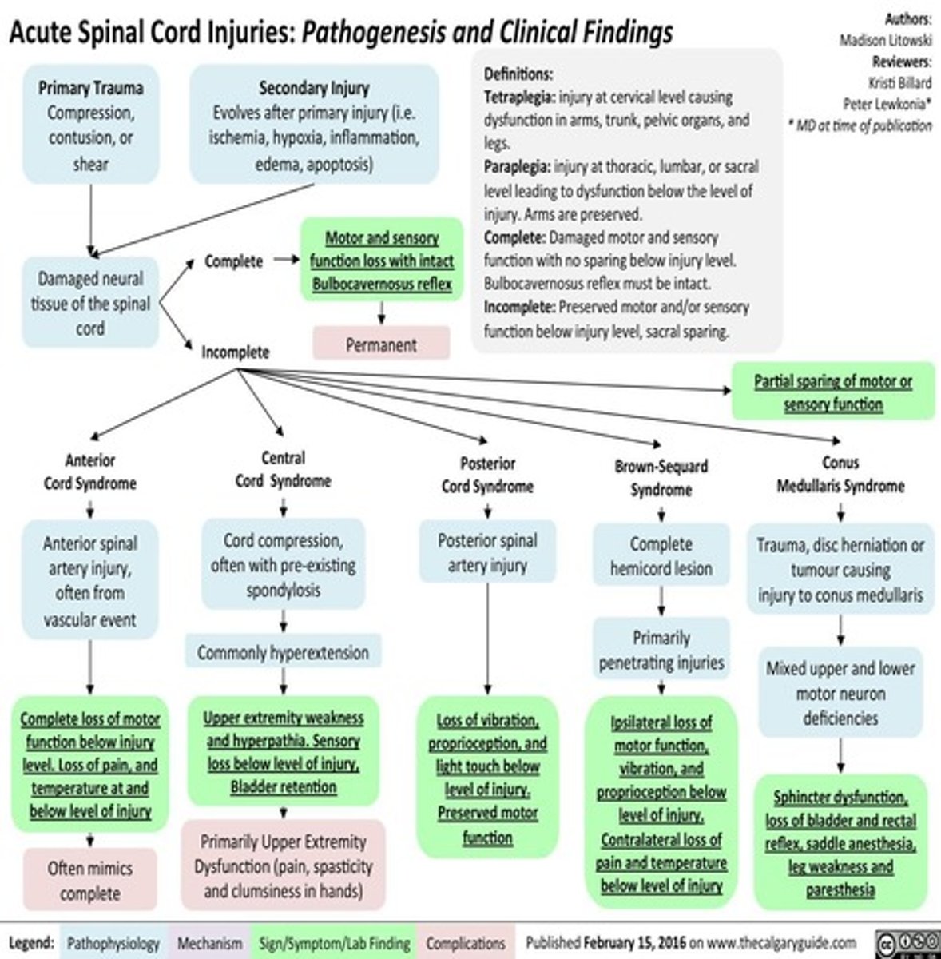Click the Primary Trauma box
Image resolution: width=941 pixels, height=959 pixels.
(90, 125)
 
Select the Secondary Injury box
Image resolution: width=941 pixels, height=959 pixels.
(314, 125)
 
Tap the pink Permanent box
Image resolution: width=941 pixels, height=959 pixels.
(381, 344)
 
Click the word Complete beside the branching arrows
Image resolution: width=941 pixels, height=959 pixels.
(233, 261)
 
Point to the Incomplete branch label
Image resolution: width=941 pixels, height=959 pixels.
(235, 352)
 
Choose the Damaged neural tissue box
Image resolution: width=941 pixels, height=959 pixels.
(90, 303)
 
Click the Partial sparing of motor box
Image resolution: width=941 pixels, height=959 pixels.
(833, 392)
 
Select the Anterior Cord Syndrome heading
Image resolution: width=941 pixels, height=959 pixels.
(90, 472)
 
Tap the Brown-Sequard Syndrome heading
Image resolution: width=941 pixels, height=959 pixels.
(661, 477)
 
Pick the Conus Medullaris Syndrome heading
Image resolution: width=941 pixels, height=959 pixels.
(840, 474)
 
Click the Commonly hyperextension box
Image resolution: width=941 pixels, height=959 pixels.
(283, 652)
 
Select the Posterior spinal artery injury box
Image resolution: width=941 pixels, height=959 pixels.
(487, 552)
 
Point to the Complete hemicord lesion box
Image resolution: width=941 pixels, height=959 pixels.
(661, 555)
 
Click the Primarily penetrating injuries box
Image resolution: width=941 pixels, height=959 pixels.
(661, 650)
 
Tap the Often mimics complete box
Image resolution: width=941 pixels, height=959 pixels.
(90, 880)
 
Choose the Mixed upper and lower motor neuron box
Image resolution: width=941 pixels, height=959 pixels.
(840, 693)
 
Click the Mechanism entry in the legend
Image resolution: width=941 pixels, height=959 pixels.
(209, 943)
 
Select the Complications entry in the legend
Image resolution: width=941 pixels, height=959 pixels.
(465, 943)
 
